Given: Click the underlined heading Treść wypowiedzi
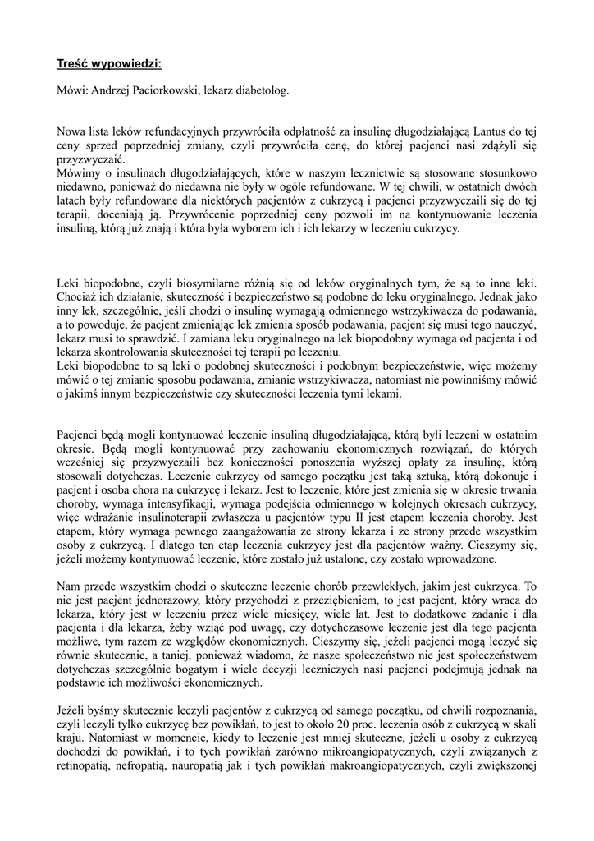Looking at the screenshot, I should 109,64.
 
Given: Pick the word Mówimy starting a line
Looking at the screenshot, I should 80,173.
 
